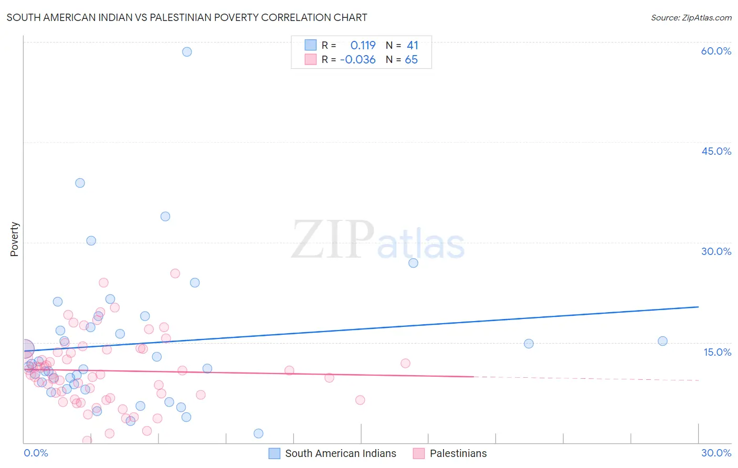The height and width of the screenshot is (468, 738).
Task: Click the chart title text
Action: click(187, 17)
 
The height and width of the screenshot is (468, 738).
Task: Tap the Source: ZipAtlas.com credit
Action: click(691, 17)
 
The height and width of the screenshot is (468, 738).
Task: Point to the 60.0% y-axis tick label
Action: click(716, 51)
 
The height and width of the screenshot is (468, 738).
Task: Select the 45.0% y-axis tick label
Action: click(716, 151)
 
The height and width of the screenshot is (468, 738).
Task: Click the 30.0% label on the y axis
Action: click(716, 251)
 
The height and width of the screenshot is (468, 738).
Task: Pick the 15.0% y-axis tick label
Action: click(717, 352)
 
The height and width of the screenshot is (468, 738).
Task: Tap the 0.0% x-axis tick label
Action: click(36, 453)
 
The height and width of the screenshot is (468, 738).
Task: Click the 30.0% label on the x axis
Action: click(716, 453)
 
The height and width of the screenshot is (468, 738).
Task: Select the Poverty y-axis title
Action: click(14, 239)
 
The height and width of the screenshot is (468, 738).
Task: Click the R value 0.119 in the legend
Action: click(363, 46)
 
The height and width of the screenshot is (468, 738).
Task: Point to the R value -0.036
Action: click(358, 60)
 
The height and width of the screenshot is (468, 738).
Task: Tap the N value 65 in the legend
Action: click(412, 60)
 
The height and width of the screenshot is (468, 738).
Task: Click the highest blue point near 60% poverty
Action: click(187, 51)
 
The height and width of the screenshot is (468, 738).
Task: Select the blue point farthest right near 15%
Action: click(662, 341)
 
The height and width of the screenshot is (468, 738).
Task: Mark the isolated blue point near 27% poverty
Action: click(413, 263)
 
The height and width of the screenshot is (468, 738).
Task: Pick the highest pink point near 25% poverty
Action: click(175, 273)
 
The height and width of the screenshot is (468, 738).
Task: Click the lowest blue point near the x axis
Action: click(258, 433)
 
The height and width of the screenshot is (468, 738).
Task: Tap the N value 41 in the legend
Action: click(413, 46)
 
